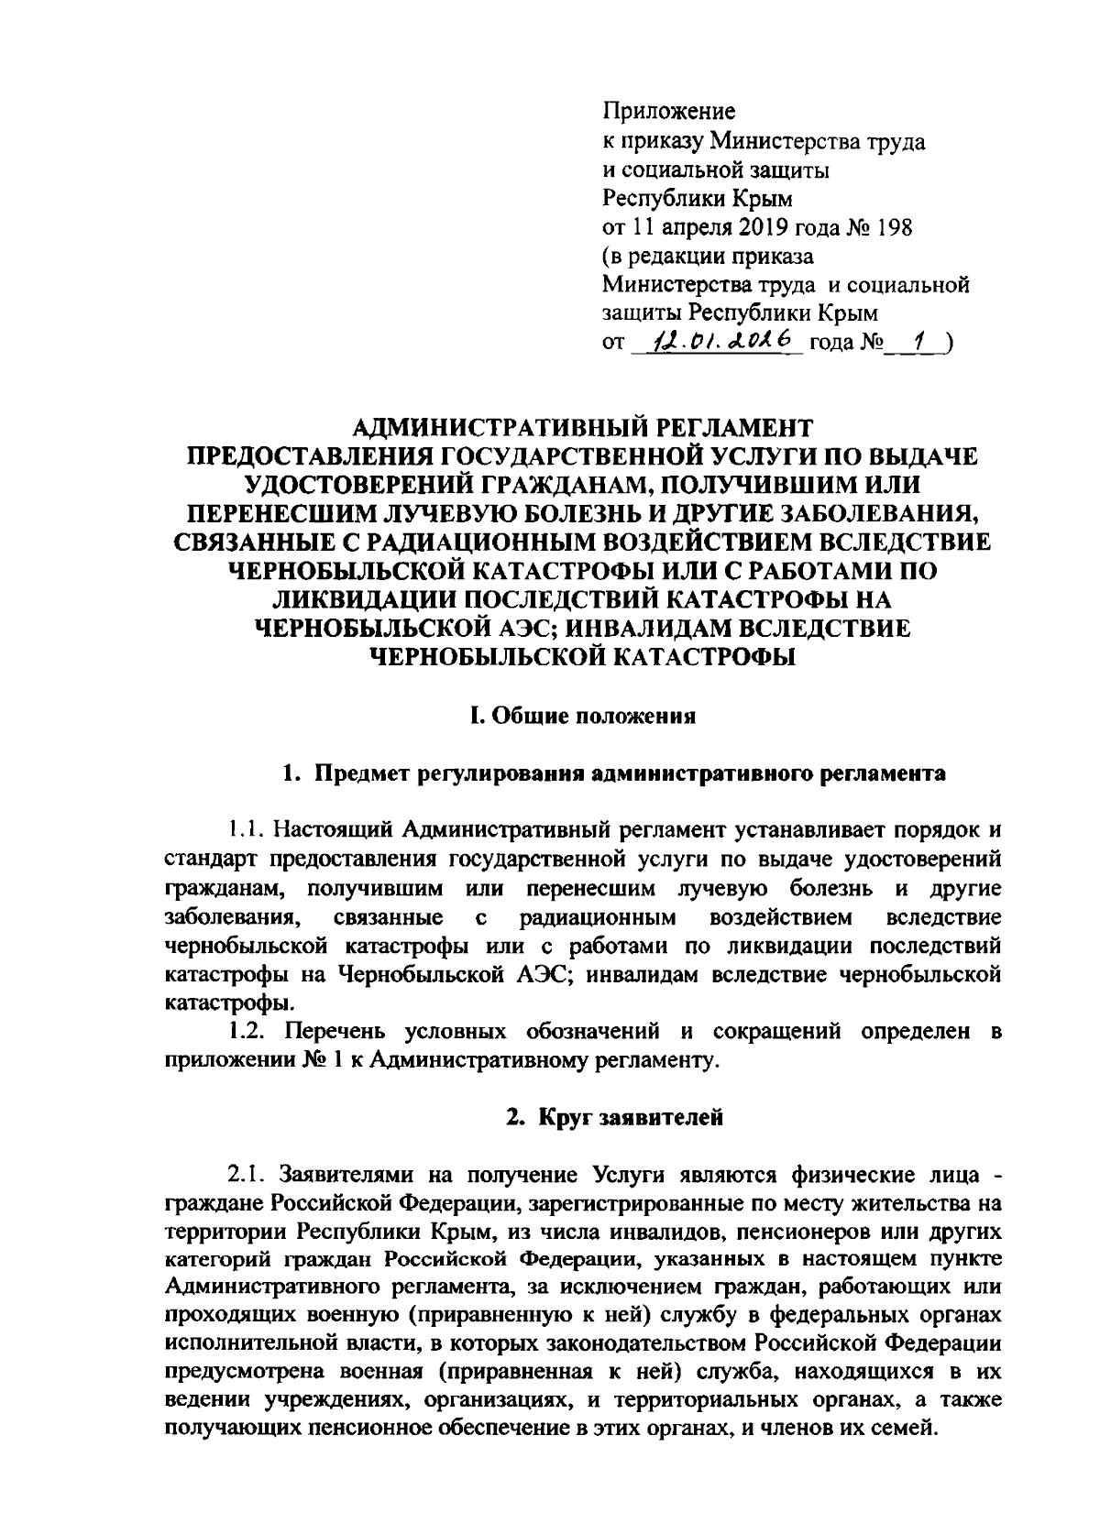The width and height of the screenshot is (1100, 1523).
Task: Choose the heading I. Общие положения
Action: pyautogui.click(x=582, y=716)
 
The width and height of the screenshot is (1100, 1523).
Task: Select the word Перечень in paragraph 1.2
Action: pyautogui.click(x=333, y=1032)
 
